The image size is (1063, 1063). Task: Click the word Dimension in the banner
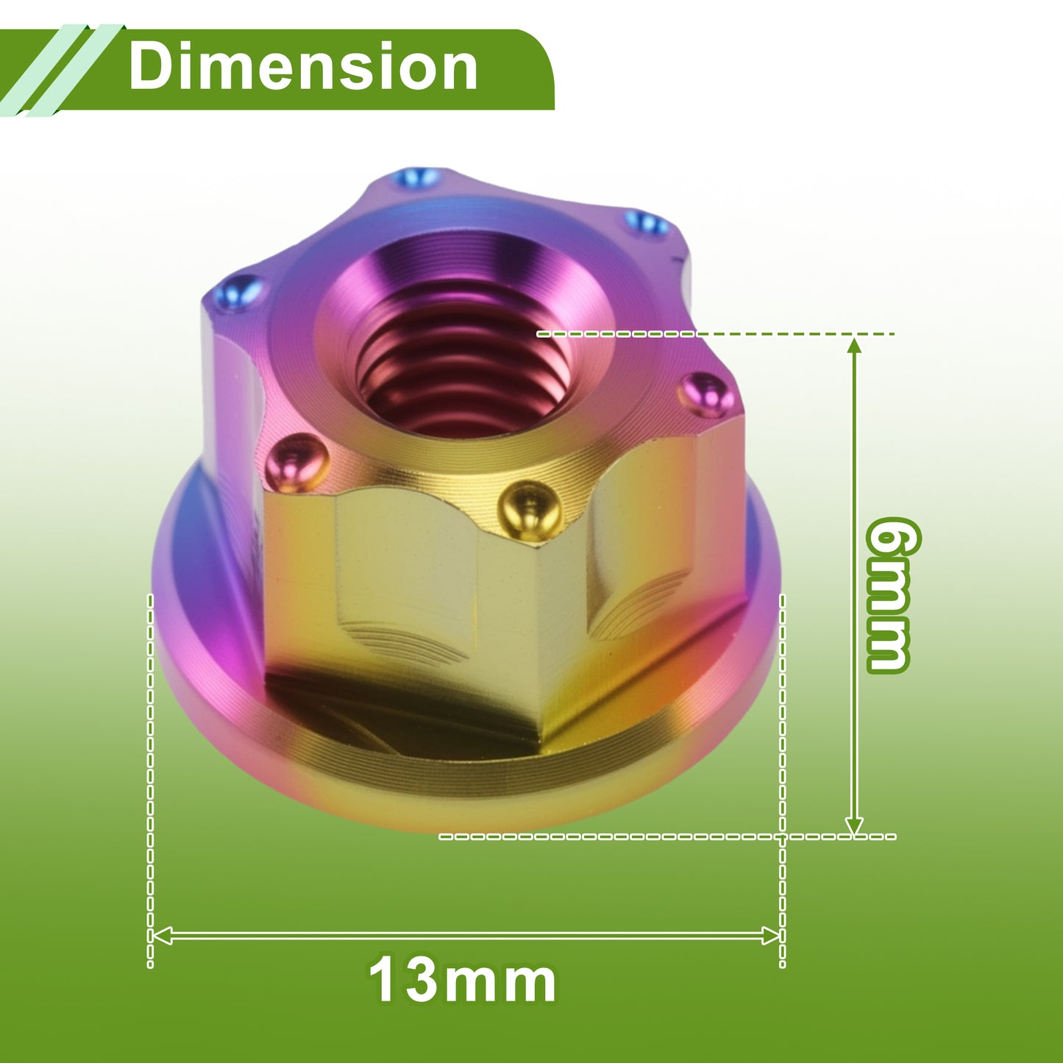[x=303, y=67]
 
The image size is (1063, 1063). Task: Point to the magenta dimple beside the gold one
[x=296, y=462]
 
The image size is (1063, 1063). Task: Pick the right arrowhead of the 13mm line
[x=771, y=936]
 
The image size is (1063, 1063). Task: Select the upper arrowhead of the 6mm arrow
[x=854, y=347]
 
